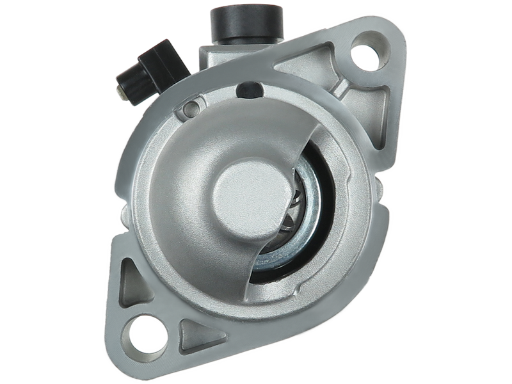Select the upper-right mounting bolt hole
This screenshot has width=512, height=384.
point(366,57)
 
